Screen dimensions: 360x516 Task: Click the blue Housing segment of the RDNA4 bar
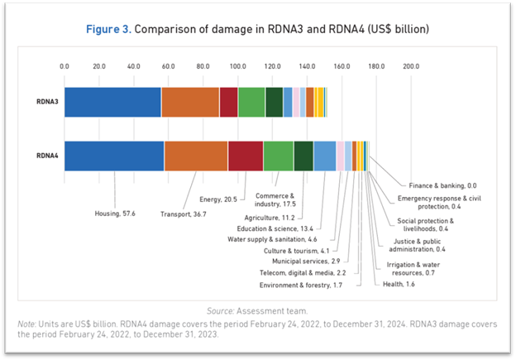pyautogui.click(x=114, y=156)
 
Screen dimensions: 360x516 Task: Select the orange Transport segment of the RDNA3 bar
pyautogui.click(x=190, y=101)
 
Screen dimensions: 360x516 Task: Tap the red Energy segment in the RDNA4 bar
pyautogui.click(x=246, y=156)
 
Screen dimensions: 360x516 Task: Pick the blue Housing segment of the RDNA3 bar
pyautogui.click(x=112, y=101)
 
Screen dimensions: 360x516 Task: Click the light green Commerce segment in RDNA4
pyautogui.click(x=278, y=156)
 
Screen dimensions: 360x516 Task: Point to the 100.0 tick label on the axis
pyautogui.click(x=237, y=65)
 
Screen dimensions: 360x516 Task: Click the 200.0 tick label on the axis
pyautogui.click(x=411, y=65)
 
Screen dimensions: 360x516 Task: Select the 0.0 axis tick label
pyautogui.click(x=64, y=65)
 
